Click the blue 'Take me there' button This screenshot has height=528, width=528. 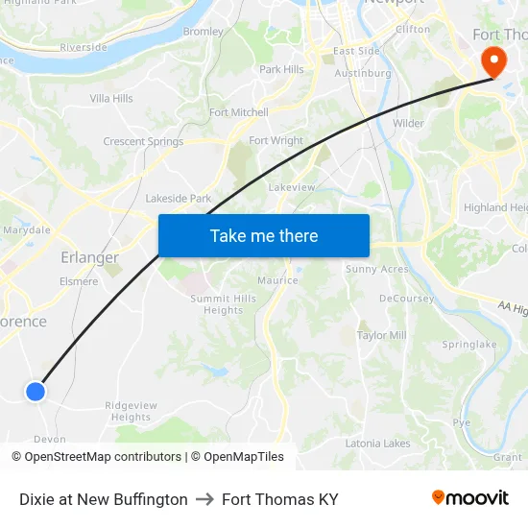[264, 235]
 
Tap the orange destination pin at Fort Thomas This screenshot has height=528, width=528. [494, 60]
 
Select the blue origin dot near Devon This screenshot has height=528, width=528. [36, 391]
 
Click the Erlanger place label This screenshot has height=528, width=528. [89, 257]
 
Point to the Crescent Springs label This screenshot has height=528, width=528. [143, 142]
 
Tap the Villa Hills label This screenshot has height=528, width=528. [111, 99]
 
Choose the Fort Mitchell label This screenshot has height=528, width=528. [239, 112]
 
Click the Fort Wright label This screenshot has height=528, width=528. [276, 141]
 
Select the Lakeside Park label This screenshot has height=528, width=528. [178, 199]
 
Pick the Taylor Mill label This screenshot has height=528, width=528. [381, 335]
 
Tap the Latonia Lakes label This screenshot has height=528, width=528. [377, 444]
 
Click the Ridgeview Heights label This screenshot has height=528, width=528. [131, 411]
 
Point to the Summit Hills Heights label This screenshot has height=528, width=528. [223, 304]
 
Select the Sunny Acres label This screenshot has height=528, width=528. [376, 270]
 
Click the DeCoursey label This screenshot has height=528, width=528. [406, 299]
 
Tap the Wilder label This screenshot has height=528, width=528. [408, 123]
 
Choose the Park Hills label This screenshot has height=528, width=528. [281, 69]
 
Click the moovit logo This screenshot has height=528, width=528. [469, 498]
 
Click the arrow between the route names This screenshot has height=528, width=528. [204, 499]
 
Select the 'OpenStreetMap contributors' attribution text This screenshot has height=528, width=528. [103, 457]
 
